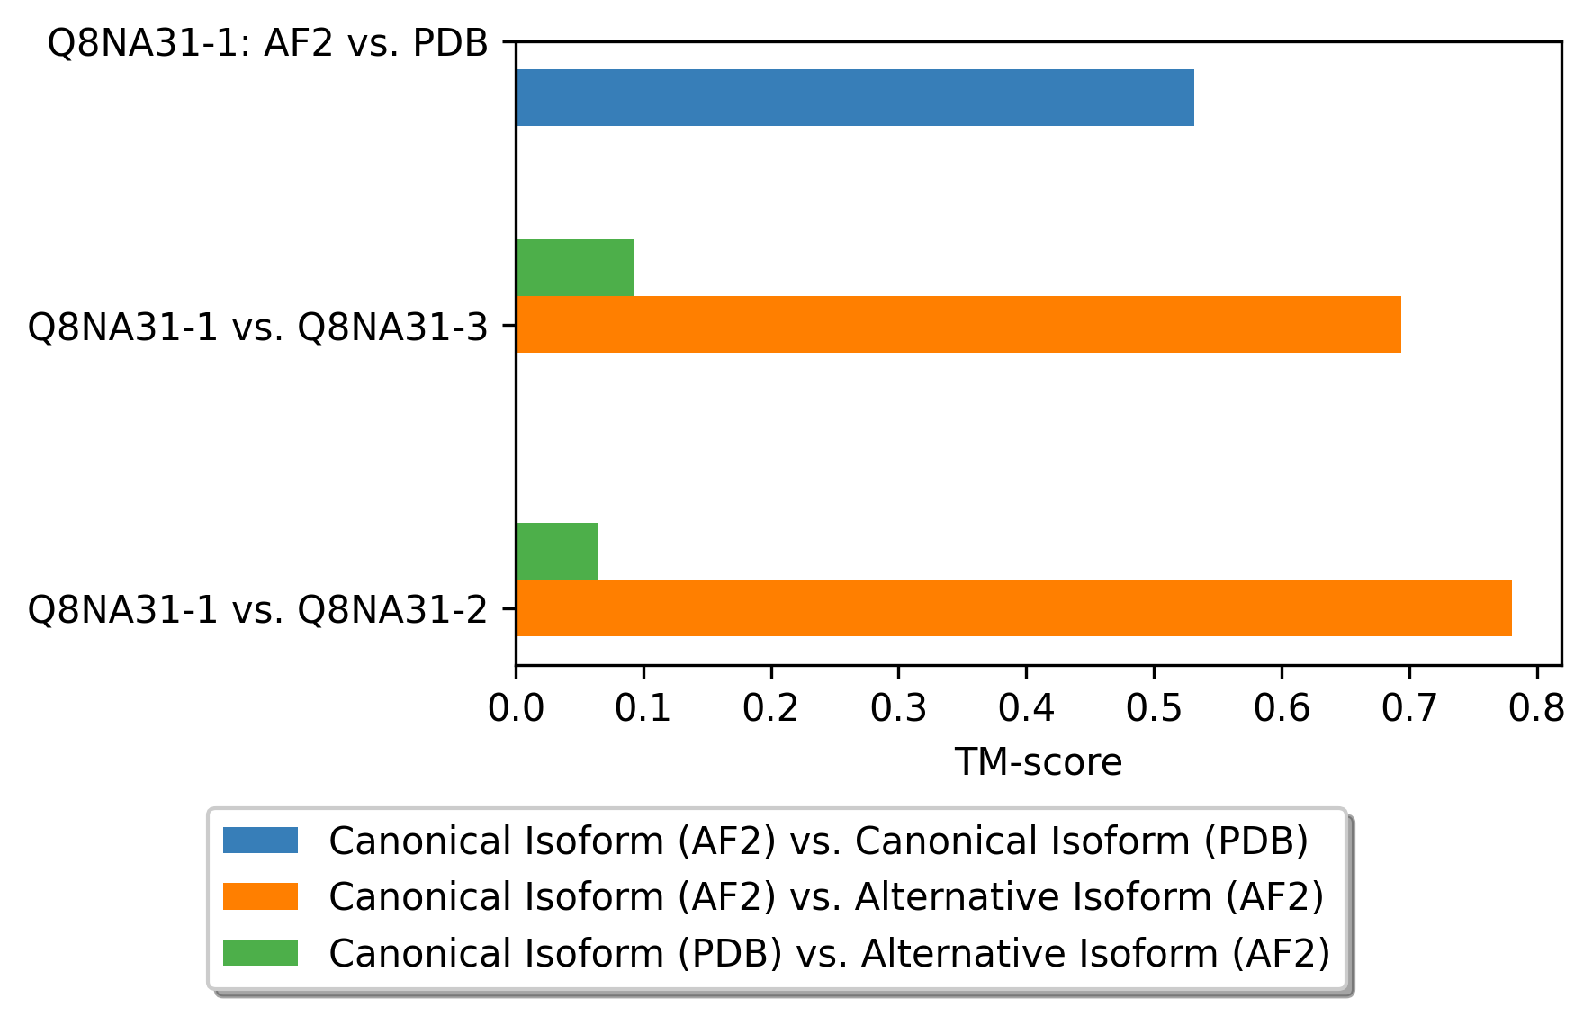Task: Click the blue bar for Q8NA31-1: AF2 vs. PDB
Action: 855,97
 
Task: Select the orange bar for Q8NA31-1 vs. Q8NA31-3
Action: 958,324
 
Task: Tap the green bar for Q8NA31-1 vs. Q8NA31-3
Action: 575,267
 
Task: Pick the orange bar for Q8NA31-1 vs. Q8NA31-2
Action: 1014,607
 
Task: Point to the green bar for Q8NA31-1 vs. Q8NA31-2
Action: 557,551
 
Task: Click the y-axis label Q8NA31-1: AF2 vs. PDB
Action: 268,43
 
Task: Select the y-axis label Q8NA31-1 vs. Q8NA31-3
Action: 258,327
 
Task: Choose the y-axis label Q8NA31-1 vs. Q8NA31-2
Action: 258,610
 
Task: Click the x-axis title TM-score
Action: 1039,762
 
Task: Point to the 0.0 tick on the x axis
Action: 516,709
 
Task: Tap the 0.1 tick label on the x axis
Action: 643,709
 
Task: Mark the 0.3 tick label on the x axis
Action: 898,709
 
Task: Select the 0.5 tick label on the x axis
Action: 1154,709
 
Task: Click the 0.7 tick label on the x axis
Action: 1409,709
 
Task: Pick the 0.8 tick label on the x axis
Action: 1537,709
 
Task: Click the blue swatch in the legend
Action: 260,841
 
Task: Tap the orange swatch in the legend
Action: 260,896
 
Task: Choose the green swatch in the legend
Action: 260,952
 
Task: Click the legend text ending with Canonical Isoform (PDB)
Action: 819,841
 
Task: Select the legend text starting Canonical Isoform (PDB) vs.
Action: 830,953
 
